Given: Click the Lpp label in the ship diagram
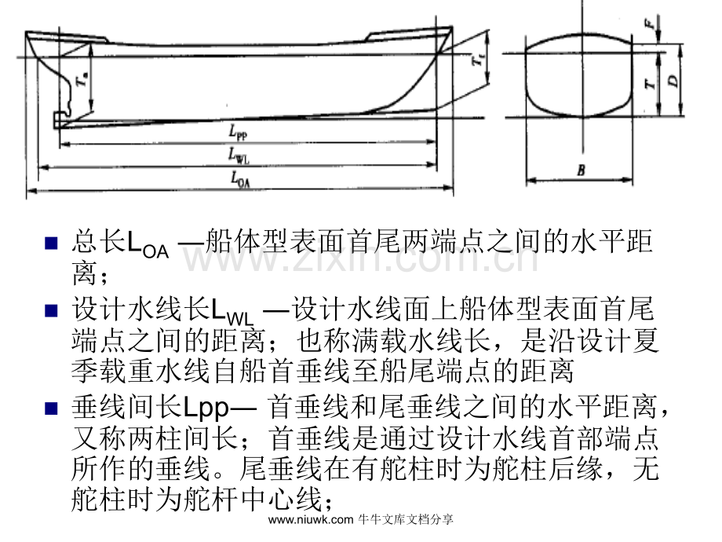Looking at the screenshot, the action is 238,132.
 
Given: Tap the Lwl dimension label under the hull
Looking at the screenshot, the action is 239,156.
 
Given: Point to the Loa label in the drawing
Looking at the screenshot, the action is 240,179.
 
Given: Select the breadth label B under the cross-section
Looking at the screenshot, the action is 581,170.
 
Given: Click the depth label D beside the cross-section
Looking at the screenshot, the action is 673,81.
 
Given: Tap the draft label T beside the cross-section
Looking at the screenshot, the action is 649,83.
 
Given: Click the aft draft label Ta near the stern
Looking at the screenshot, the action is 82,79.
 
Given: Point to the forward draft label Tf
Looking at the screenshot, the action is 478,59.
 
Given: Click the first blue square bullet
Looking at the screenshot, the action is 51,243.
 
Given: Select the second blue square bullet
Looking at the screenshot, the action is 51,310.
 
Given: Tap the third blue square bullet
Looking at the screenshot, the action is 51,408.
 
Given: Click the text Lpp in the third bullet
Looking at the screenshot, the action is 206,408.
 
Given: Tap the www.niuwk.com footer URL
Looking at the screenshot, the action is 310,520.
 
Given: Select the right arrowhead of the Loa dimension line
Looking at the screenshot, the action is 448,188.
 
